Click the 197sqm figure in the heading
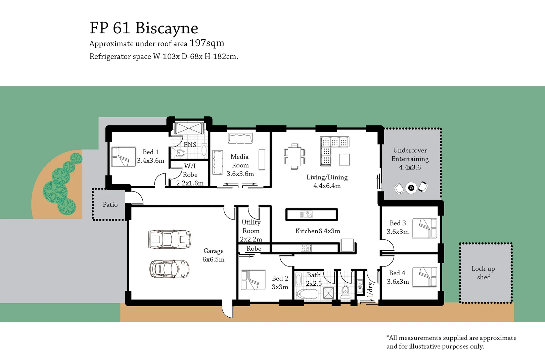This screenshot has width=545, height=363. pos(207,43)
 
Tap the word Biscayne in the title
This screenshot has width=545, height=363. pos(167,28)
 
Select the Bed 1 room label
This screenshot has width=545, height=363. pos(150,152)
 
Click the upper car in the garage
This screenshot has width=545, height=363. pos(170,239)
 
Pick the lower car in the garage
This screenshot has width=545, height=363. pos(169,269)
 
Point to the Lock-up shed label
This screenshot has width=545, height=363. pos(483,273)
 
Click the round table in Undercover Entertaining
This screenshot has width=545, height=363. pos(411,188)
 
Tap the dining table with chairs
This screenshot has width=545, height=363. pos(294,157)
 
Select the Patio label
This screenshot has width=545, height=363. pos(110,205)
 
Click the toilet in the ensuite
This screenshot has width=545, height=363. pos(180,154)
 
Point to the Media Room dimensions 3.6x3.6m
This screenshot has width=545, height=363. pos(240,174)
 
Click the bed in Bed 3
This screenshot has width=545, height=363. pos(424,228)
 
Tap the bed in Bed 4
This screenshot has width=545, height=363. pos(424,277)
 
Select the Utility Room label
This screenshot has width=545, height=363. pos(251,227)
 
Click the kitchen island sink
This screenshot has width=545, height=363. pos(306,214)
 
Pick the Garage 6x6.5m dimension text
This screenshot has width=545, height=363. pos(213,259)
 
